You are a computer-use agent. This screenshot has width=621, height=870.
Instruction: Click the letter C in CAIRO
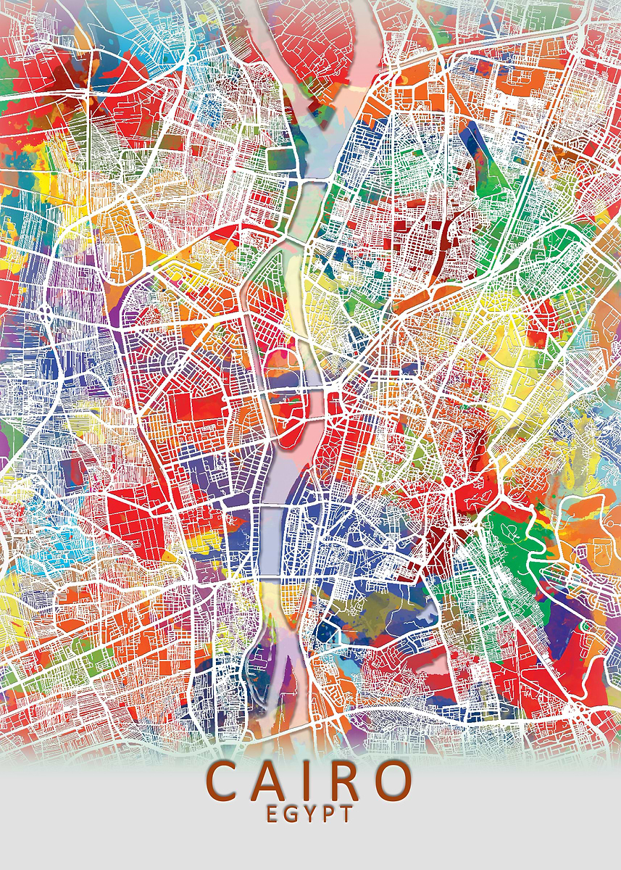pyautogui.click(x=225, y=781)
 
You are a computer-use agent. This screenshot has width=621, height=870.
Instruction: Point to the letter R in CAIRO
pyautogui.click(x=343, y=781)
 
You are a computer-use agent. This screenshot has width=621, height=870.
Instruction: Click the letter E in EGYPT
pyautogui.click(x=272, y=813)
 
